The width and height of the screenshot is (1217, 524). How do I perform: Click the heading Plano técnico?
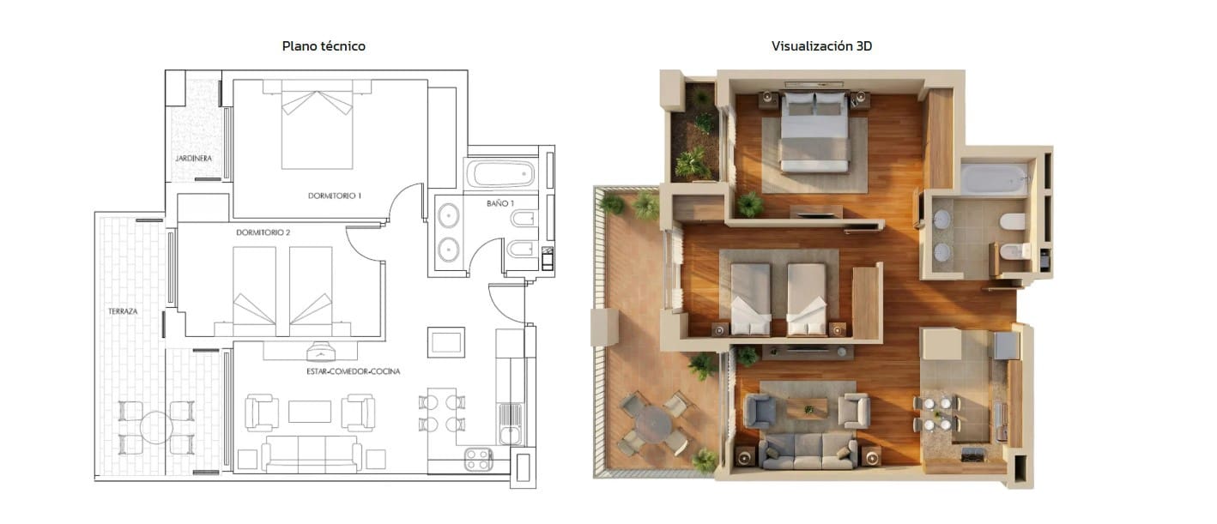coord(324,46)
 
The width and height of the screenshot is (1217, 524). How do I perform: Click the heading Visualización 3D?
coord(821,46)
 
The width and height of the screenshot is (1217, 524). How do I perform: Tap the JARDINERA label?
coord(193,159)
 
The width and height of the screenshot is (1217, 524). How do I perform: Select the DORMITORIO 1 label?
coord(334,196)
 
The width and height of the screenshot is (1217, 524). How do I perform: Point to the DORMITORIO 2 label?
coord(263,232)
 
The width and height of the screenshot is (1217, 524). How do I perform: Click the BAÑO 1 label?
coord(500,203)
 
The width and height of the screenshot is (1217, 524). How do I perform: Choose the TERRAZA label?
coord(123,310)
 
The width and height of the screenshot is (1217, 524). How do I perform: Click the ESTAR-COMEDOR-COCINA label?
coord(353,371)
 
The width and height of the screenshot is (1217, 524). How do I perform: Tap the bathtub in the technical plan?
coord(500,175)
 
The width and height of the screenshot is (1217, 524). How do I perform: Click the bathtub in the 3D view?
coord(994,179)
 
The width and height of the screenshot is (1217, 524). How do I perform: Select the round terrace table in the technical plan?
coord(156,426)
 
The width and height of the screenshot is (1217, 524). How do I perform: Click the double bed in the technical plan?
coord(317,126)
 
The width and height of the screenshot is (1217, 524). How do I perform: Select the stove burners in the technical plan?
coord(478,460)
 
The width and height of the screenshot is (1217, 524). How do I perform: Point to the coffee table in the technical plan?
coord(310,413)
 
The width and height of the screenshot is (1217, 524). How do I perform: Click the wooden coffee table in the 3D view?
coord(807,408)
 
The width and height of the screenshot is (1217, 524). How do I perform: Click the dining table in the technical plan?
coord(442,413)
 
